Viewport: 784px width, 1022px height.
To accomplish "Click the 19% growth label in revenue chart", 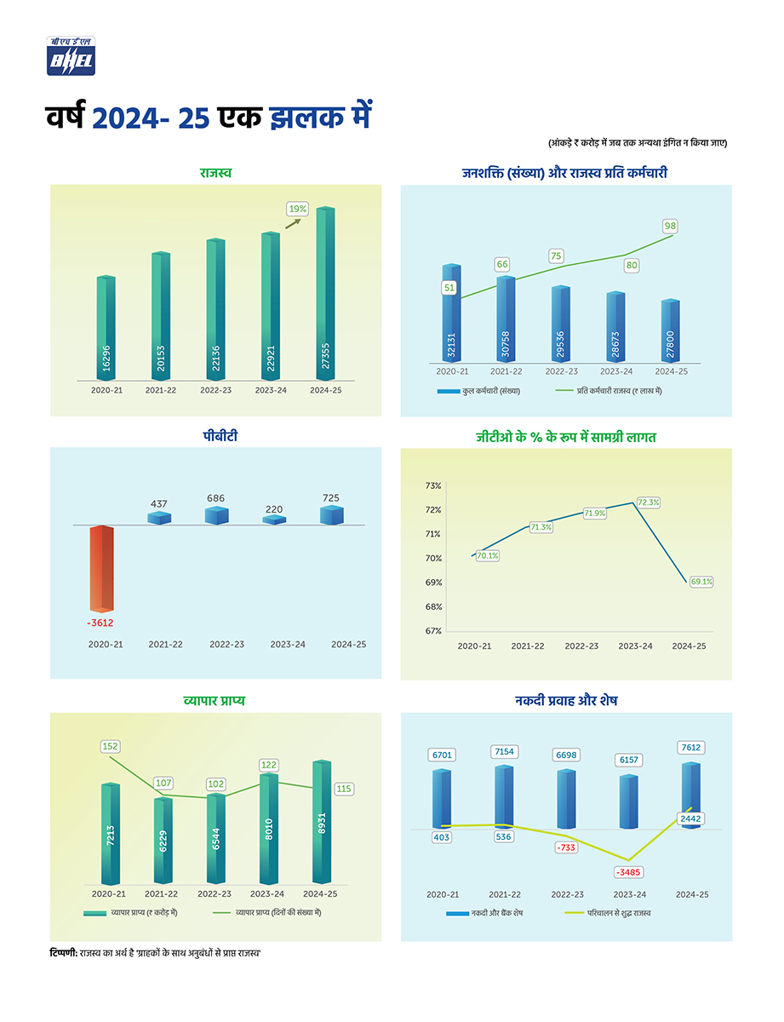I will point(297,208).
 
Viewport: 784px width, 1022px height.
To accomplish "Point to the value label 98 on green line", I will point(671,226).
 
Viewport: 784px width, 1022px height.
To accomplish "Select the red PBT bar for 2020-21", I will point(101,568).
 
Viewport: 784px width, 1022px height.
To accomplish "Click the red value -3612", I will point(101,623).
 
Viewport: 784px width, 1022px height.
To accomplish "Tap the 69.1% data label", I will point(701,583).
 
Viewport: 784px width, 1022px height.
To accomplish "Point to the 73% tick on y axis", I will point(432,485).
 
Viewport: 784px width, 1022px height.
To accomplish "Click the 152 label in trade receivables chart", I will point(110,746).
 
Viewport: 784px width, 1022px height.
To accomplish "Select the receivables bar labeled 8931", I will point(323,822).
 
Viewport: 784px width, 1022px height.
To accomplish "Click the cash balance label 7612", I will point(690,747).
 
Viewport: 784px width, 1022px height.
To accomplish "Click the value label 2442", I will point(690,818).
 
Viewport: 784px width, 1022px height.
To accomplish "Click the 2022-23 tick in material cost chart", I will point(581,646).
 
